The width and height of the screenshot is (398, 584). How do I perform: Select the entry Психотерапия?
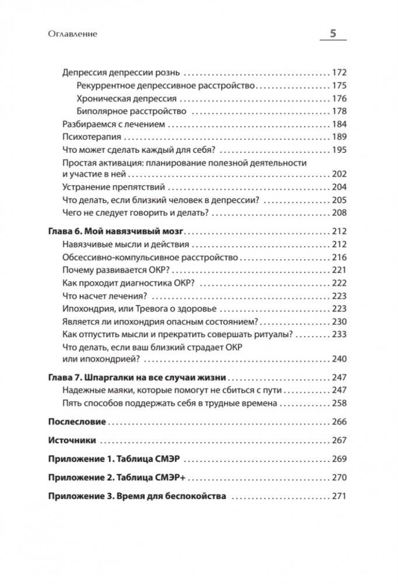pyautogui.click(x=91, y=137)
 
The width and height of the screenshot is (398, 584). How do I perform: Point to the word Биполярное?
pyautogui.click(x=99, y=111)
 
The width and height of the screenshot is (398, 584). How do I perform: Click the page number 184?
pyautogui.click(x=338, y=124)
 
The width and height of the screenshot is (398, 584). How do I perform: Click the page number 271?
pyautogui.click(x=338, y=496)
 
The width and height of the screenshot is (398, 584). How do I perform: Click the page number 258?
pyautogui.click(x=338, y=403)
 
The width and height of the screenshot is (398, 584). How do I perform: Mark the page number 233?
pyautogui.click(x=338, y=334)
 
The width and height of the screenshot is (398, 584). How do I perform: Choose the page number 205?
pyautogui.click(x=338, y=200)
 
